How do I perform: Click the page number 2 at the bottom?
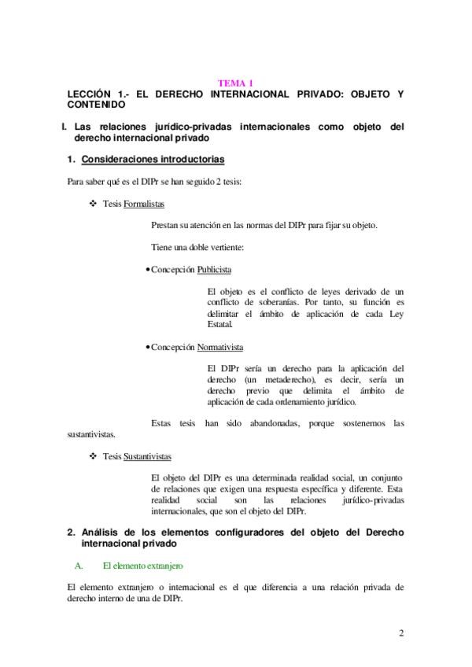point(401,634)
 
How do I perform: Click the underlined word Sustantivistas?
point(148,456)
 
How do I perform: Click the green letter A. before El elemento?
point(78,565)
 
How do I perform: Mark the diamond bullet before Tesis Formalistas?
point(94,204)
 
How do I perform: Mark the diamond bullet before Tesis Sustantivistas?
point(94,456)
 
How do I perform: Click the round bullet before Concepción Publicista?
point(148,270)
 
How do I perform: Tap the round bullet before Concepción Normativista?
point(148,346)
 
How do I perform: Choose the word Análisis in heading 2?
point(103,532)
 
